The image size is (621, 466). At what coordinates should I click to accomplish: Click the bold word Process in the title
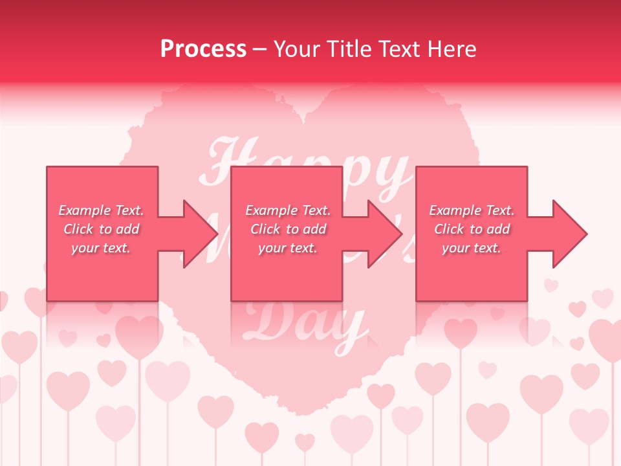click(203, 49)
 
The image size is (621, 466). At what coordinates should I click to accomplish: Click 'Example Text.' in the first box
click(101, 210)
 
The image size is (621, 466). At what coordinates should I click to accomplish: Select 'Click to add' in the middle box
click(288, 229)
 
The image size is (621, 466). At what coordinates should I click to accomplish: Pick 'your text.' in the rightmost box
click(472, 248)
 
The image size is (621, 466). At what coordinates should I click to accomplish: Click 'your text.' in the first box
click(101, 248)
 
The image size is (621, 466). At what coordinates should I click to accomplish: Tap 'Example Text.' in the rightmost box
click(472, 210)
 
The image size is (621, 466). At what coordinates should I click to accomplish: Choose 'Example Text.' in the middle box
click(288, 210)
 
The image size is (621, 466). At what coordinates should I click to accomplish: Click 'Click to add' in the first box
click(101, 229)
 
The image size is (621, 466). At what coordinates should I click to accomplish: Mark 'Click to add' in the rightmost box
click(472, 229)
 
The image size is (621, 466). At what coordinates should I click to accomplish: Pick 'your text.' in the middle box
click(288, 248)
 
